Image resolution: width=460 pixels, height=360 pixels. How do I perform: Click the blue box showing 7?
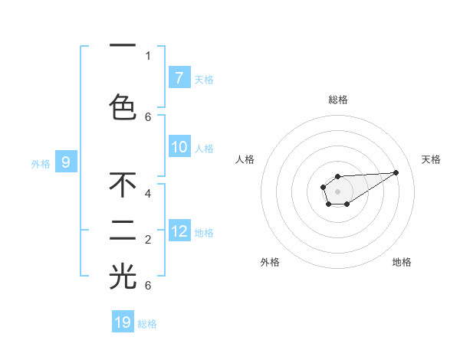pyautogui.click(x=179, y=77)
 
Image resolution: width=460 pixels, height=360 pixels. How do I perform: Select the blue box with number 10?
pyautogui.click(x=179, y=147)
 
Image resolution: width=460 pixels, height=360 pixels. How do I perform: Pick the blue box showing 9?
pyautogui.click(x=66, y=162)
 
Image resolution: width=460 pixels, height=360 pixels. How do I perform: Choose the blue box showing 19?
pyautogui.click(x=123, y=322)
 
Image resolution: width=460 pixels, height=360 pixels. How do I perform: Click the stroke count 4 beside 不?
pyautogui.click(x=148, y=194)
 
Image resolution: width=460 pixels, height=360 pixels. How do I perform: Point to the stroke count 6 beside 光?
pyautogui.click(x=148, y=285)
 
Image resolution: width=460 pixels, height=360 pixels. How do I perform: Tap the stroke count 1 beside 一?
pyautogui.click(x=148, y=55)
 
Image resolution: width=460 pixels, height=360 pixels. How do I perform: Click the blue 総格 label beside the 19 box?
pyautogui.click(x=147, y=324)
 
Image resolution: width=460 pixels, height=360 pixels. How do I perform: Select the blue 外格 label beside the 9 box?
pyautogui.click(x=41, y=163)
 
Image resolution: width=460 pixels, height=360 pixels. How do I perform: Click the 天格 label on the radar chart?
pyautogui.click(x=431, y=159)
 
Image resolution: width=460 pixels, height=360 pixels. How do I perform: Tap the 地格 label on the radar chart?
pyautogui.click(x=402, y=262)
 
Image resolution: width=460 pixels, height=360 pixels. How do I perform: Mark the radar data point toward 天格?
pyautogui.click(x=396, y=172)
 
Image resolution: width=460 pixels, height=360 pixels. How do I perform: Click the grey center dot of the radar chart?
pyautogui.click(x=337, y=190)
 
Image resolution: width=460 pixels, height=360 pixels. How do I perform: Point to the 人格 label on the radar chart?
pyautogui.click(x=245, y=159)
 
